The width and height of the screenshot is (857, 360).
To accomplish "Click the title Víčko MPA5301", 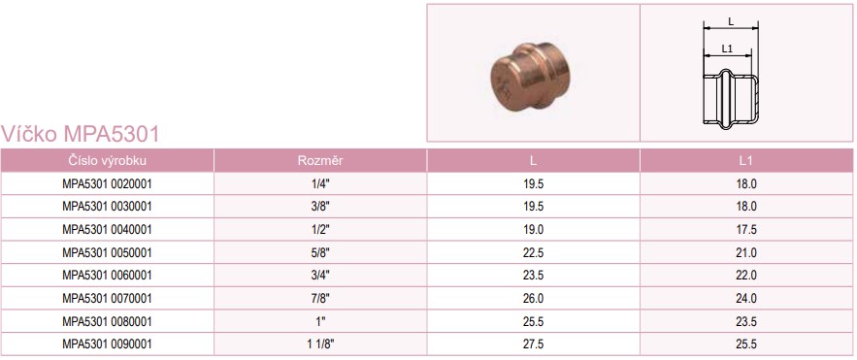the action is click(x=81, y=134).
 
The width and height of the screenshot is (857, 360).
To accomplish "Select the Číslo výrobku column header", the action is click(x=107, y=161).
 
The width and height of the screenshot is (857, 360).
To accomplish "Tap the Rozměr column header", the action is click(x=320, y=161).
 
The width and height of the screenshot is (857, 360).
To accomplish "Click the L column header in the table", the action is click(x=533, y=161).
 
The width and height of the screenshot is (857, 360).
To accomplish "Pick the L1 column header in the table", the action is click(x=746, y=161).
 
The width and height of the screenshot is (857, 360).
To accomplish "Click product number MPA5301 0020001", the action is click(x=107, y=184).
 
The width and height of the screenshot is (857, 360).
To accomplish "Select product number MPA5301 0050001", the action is click(x=107, y=253).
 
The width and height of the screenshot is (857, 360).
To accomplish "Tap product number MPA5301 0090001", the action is click(x=107, y=344).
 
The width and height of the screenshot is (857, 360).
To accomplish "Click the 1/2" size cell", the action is click(x=320, y=229).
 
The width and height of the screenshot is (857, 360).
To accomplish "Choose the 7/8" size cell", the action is click(x=320, y=298).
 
